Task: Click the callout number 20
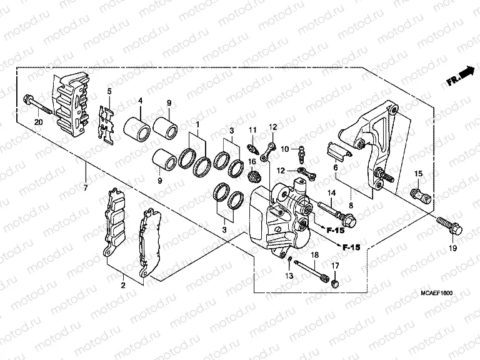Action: (x=38, y=122)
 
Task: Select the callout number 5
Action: (x=109, y=92)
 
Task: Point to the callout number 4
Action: (x=140, y=101)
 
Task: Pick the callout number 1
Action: (x=199, y=125)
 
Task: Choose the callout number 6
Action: (x=334, y=168)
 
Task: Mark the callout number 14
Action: (x=332, y=192)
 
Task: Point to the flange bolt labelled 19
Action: (x=449, y=225)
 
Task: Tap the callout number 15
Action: (x=419, y=173)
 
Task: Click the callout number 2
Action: (x=123, y=285)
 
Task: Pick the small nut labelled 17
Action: (x=335, y=284)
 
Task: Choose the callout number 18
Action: (x=315, y=255)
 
